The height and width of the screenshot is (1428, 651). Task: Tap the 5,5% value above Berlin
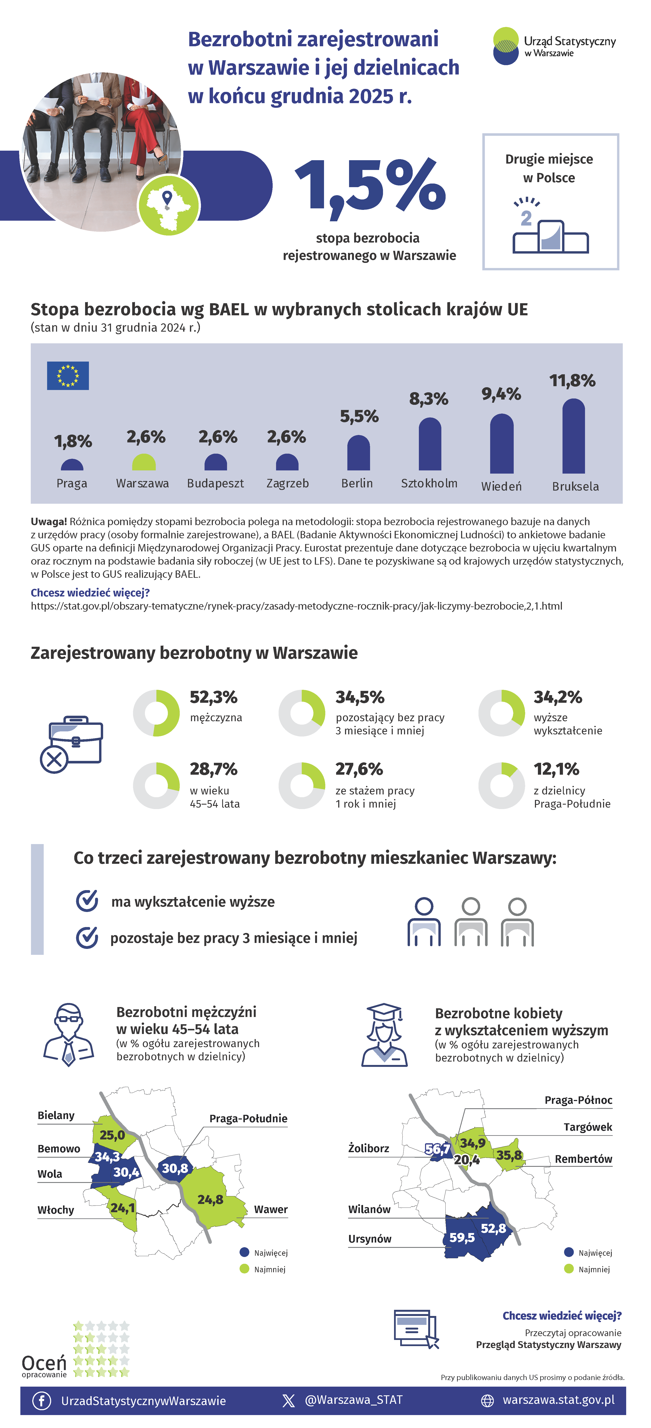tap(359, 416)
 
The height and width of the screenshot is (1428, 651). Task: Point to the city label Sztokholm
tap(429, 483)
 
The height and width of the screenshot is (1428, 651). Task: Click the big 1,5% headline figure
tap(370, 185)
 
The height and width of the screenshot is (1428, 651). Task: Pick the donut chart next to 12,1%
tap(501, 786)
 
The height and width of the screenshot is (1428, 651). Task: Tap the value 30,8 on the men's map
tap(175, 1168)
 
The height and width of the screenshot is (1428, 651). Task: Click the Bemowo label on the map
tap(59, 1149)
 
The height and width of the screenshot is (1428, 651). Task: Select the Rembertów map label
tap(583, 1159)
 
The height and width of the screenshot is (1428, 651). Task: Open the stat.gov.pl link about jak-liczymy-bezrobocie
tap(296, 606)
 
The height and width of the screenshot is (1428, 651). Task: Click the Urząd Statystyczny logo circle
tap(506, 46)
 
